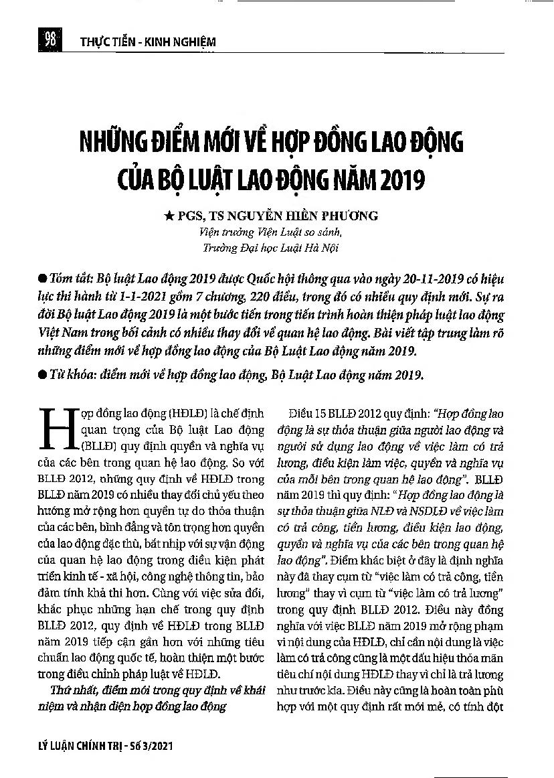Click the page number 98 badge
[x=50, y=40]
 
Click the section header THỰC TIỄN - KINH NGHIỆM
[x=147, y=42]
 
